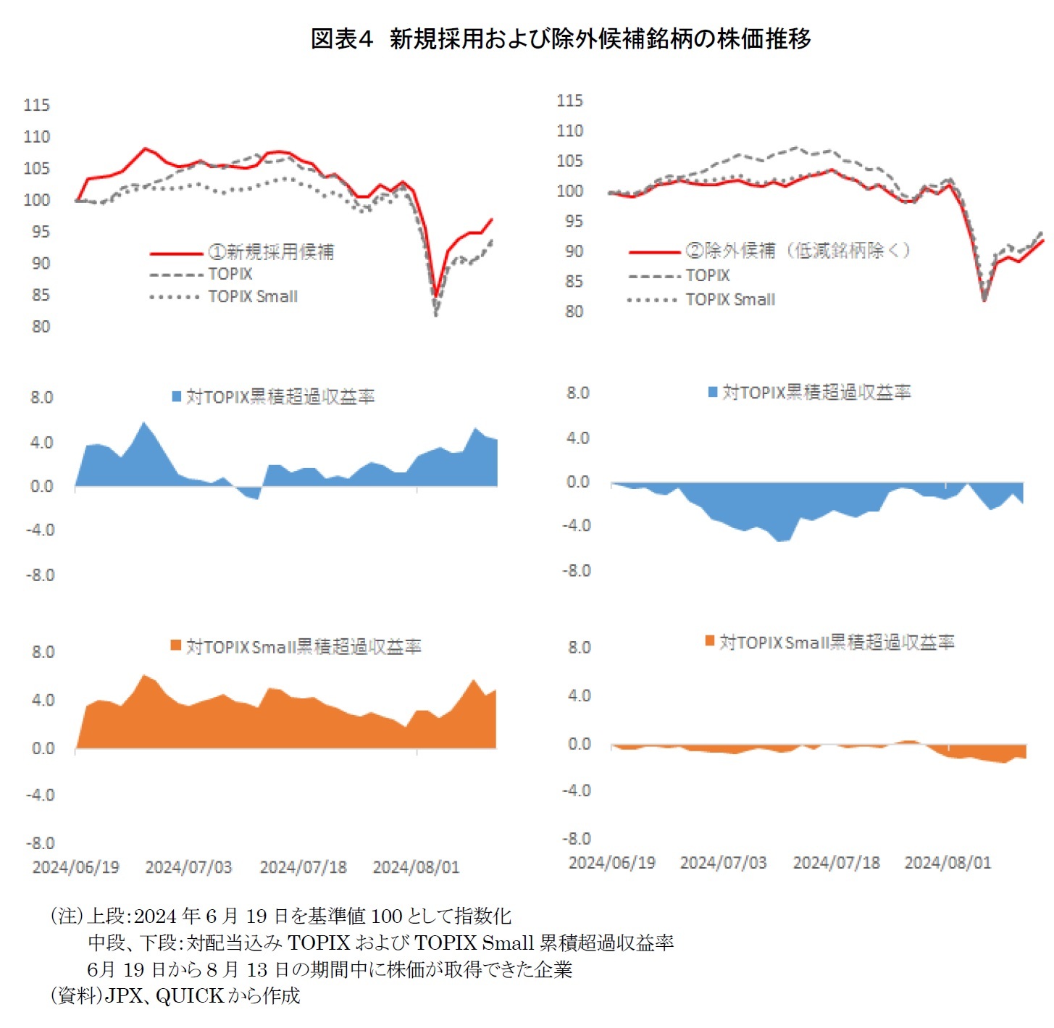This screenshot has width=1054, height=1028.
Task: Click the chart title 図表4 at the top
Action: click(x=341, y=38)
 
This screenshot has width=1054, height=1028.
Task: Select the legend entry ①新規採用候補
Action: click(x=271, y=251)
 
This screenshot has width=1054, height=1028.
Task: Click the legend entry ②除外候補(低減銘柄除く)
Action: click(x=798, y=251)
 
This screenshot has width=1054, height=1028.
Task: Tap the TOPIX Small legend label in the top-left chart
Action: click(x=253, y=296)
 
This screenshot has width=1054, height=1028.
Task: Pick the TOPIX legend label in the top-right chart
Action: click(x=708, y=275)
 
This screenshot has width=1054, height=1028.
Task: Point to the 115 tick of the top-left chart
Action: click(x=36, y=105)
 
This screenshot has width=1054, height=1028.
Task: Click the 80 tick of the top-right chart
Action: click(x=574, y=312)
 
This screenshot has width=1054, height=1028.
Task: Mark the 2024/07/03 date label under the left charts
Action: click(x=188, y=867)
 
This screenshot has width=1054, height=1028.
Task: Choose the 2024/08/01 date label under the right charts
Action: click(x=948, y=863)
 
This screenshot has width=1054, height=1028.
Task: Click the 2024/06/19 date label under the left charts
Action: click(x=76, y=867)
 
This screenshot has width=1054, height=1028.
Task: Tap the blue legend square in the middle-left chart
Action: click(x=176, y=396)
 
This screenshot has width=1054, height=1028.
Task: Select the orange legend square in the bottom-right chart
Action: click(x=710, y=641)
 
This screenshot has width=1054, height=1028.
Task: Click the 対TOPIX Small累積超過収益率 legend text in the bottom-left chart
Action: click(x=304, y=646)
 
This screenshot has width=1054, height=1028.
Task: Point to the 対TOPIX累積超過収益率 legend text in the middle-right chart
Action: click(x=816, y=393)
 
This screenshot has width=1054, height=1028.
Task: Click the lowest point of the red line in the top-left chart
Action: click(x=436, y=296)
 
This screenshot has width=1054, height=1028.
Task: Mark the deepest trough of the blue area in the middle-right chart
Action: click(x=779, y=541)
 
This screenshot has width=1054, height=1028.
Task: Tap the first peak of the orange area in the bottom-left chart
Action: click(x=145, y=675)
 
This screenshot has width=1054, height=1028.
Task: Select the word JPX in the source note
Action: click(x=125, y=996)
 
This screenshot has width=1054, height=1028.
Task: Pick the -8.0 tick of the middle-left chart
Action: click(x=41, y=575)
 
